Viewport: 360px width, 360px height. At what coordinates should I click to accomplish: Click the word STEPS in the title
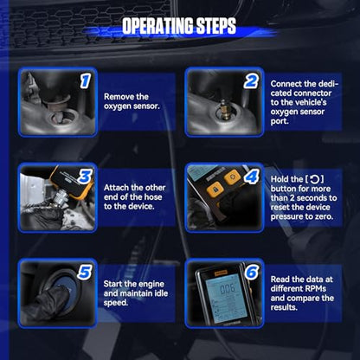(x=216, y=25)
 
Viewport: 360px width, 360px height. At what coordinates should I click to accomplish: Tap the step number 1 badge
(x=86, y=80)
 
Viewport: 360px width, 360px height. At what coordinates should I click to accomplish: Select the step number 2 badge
(x=251, y=81)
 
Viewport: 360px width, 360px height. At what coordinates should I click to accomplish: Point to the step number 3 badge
(x=85, y=177)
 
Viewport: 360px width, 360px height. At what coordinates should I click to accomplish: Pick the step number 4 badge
(x=251, y=177)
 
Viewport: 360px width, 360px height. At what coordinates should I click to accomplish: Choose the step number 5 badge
(x=85, y=273)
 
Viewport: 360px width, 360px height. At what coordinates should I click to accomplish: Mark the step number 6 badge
(x=252, y=272)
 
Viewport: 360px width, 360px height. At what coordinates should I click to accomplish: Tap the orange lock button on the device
(x=215, y=190)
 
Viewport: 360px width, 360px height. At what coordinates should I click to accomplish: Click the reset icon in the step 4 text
(x=315, y=179)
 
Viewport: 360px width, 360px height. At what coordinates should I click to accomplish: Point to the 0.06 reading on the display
(x=228, y=289)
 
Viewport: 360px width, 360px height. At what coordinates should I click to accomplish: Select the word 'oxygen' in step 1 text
(x=117, y=106)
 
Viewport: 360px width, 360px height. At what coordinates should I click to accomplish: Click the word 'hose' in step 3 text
(x=154, y=197)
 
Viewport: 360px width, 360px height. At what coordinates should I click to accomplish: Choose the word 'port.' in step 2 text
(x=280, y=121)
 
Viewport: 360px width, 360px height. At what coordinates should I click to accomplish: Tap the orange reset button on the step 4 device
(x=233, y=177)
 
